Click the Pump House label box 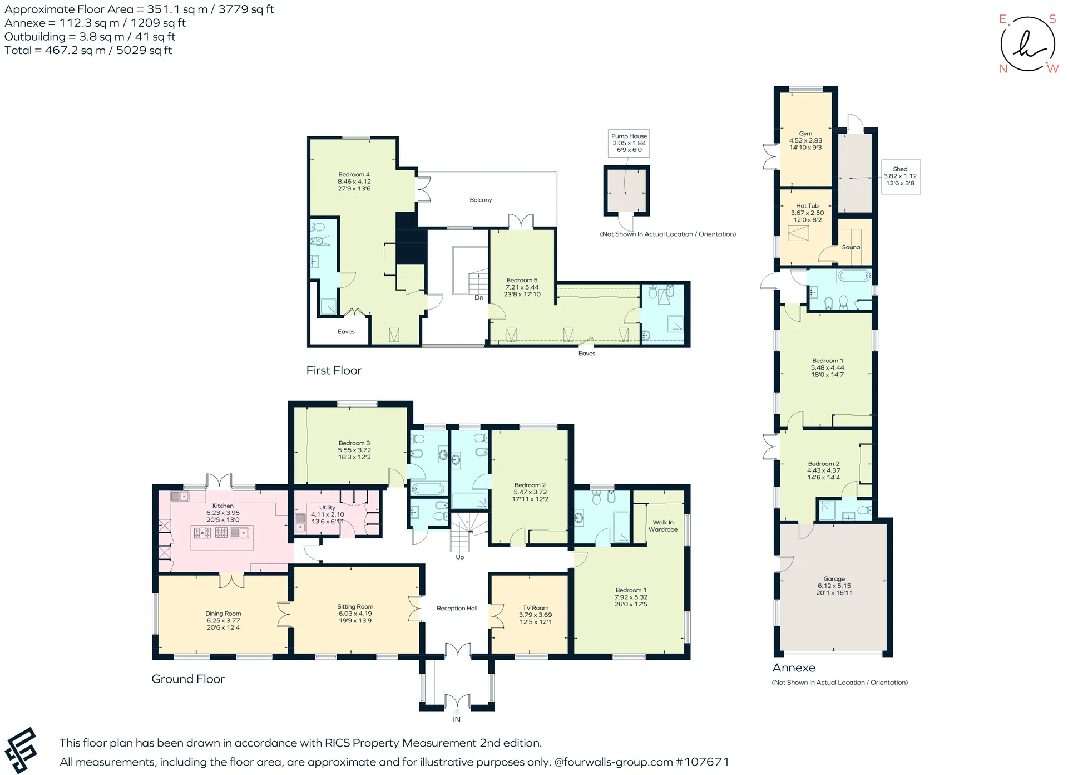(x=629, y=143)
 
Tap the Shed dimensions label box (x=901, y=176)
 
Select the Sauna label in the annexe (x=851, y=247)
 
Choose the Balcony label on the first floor (x=481, y=200)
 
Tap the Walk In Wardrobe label (x=663, y=526)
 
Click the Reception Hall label (x=457, y=609)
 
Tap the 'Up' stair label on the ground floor (x=460, y=557)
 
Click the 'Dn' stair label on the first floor (x=479, y=298)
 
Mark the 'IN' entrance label (x=457, y=719)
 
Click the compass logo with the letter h (x=1028, y=44)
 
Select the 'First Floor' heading (x=334, y=371)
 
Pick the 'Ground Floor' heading (x=188, y=679)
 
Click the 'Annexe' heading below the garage (x=794, y=668)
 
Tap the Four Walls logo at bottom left (x=21, y=751)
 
